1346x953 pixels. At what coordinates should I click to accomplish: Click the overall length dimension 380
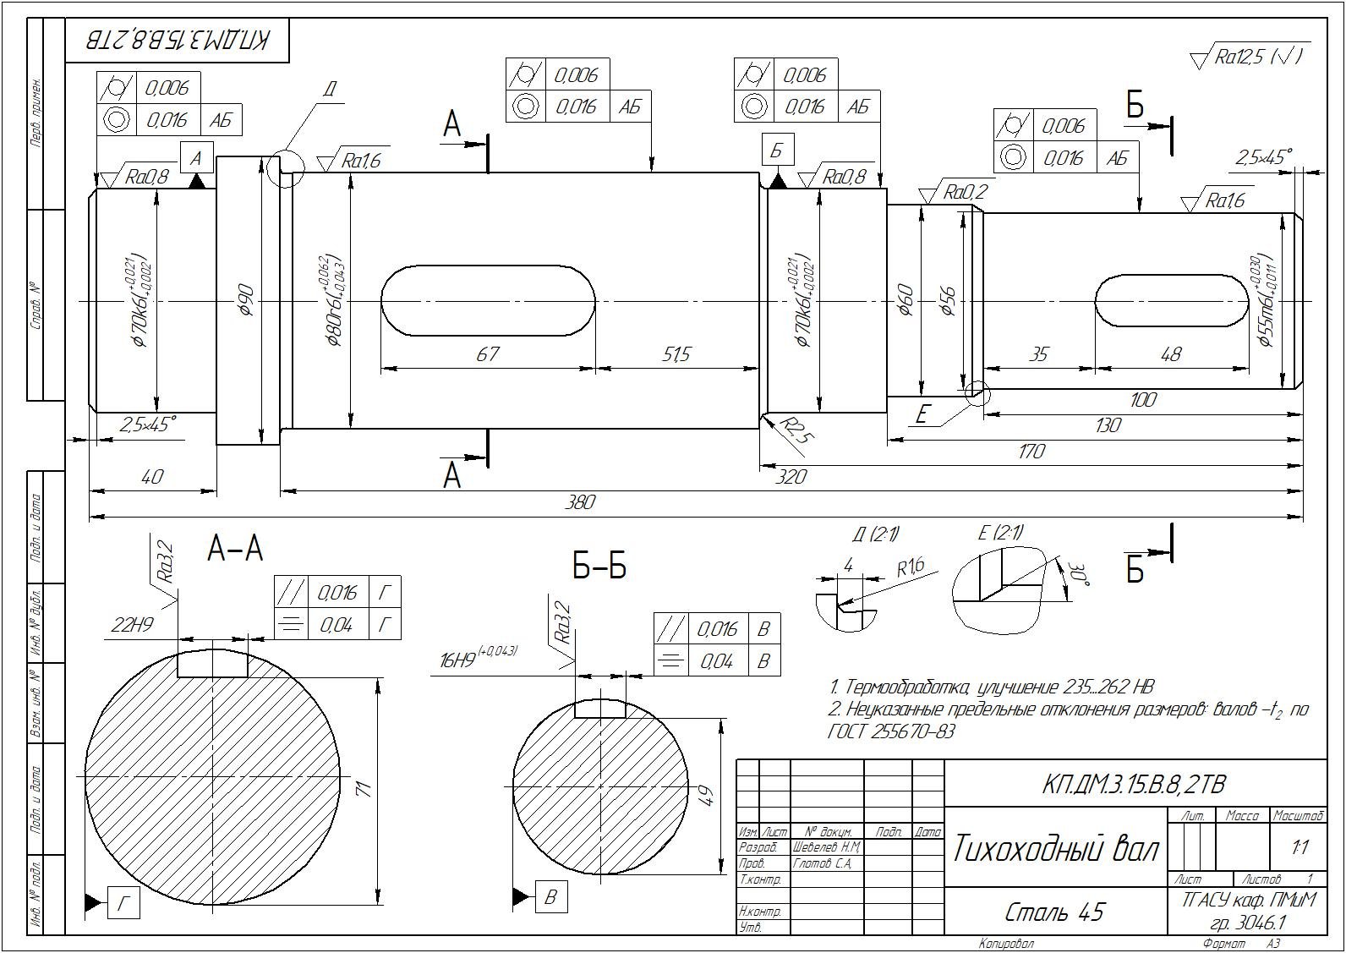point(580,502)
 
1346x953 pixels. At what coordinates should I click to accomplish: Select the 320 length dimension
point(791,477)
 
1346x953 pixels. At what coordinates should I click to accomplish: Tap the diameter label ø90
point(247,300)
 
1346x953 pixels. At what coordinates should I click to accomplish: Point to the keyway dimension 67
point(488,353)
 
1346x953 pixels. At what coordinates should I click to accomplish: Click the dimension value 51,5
point(676,353)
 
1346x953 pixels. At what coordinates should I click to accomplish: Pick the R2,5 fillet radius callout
point(796,430)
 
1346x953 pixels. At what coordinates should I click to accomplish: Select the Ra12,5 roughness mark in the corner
point(1248,57)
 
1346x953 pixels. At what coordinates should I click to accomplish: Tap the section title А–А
point(235,550)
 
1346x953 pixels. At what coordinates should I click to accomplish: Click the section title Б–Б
point(599,567)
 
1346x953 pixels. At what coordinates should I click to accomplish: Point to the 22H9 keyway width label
point(132,625)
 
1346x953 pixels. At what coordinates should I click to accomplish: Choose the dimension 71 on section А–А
point(364,788)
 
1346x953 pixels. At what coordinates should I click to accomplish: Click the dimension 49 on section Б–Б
point(708,795)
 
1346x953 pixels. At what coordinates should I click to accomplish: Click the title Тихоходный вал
point(1056,848)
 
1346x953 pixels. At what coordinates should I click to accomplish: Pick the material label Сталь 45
point(1055,912)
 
